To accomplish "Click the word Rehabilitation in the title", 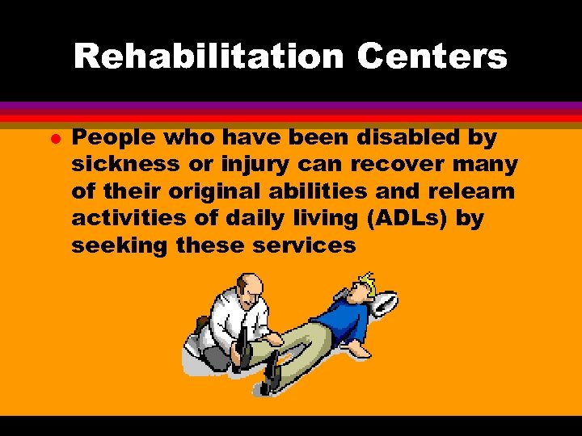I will [209, 57].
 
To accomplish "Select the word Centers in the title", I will [432, 57].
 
